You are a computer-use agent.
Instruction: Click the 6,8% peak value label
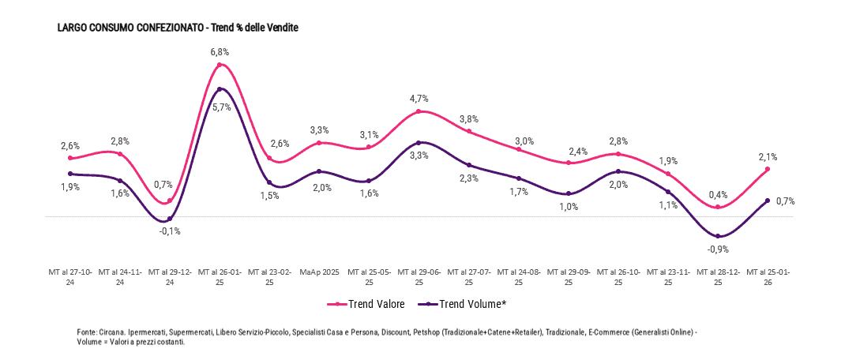coord(220,51)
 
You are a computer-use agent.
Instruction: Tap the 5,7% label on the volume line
coord(221,107)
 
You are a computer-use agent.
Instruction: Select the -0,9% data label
coord(718,249)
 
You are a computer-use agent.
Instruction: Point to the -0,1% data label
coord(170,231)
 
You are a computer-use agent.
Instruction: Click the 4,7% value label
coord(419,99)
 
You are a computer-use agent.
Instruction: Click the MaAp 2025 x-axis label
coord(319,272)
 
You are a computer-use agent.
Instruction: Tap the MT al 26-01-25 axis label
coord(220,276)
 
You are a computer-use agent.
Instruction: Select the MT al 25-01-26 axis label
coord(768,276)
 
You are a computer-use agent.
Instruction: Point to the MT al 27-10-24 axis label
coord(70,276)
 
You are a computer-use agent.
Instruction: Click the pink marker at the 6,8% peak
coord(220,65)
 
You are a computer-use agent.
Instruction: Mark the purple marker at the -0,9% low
coord(718,236)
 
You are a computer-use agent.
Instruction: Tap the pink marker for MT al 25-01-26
coord(768,169)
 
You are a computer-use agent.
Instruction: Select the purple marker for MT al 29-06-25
coord(419,143)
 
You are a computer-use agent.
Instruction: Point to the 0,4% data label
coord(718,194)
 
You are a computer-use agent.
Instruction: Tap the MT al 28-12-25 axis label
coord(718,276)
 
